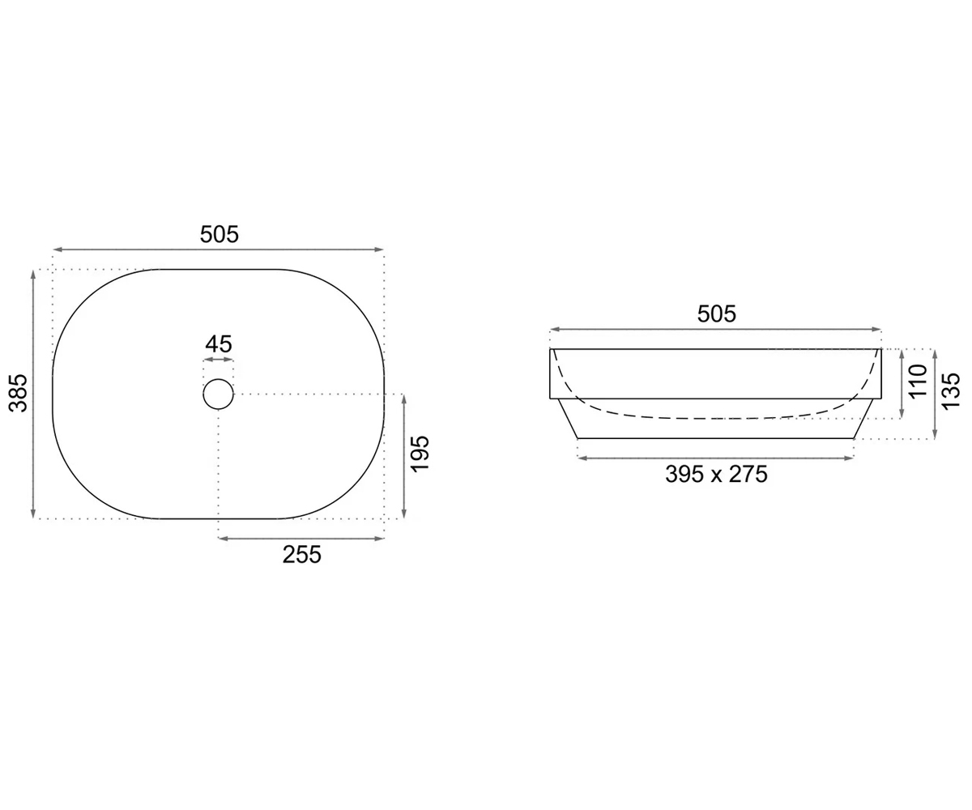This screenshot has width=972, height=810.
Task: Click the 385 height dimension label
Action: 19,392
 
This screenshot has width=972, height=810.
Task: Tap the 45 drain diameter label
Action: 219,344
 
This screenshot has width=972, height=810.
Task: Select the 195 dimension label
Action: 420,454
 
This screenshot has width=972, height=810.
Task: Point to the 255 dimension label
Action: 301,555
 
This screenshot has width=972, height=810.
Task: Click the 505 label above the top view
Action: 220,234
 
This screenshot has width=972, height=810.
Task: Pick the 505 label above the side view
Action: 716,314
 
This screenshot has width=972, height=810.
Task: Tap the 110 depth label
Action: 919,381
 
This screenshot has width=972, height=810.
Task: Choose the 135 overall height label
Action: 951,391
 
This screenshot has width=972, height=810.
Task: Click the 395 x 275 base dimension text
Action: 716,475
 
